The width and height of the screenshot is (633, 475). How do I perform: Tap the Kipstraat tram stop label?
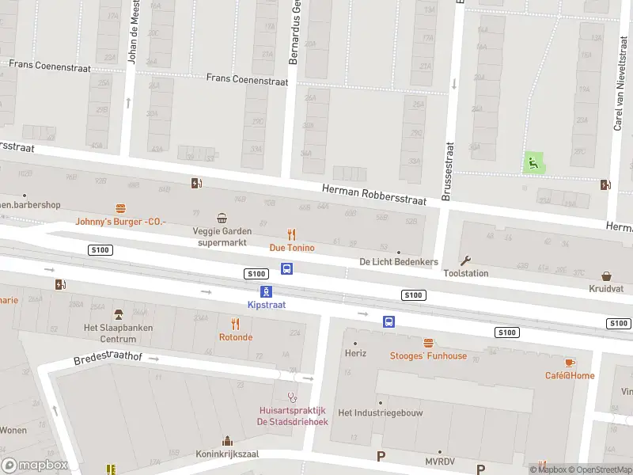pos(266,304)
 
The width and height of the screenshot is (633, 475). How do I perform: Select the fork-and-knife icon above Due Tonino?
pos(291,234)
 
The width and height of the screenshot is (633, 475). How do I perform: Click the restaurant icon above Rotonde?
pos(235,324)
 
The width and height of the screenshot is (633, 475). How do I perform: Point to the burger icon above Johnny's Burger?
pos(120,208)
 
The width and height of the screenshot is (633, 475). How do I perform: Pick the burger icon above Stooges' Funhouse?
pos(428,343)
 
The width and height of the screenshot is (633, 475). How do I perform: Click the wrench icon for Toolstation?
pos(465,260)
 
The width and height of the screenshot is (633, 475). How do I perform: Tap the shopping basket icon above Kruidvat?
pos(606,276)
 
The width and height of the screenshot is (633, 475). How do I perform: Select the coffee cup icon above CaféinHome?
pos(569,362)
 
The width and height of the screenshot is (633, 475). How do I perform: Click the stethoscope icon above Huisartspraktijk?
pos(292,397)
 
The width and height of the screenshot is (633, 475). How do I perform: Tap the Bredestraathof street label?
pos(108,358)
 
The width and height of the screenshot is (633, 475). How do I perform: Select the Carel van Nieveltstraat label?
pos(619,99)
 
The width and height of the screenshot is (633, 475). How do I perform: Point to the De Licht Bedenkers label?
pos(398,261)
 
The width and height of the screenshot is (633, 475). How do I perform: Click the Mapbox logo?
pos(34,465)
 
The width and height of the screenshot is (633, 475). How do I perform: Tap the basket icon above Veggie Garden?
pos(222,218)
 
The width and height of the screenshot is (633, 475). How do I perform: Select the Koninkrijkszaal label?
pos(228,454)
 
